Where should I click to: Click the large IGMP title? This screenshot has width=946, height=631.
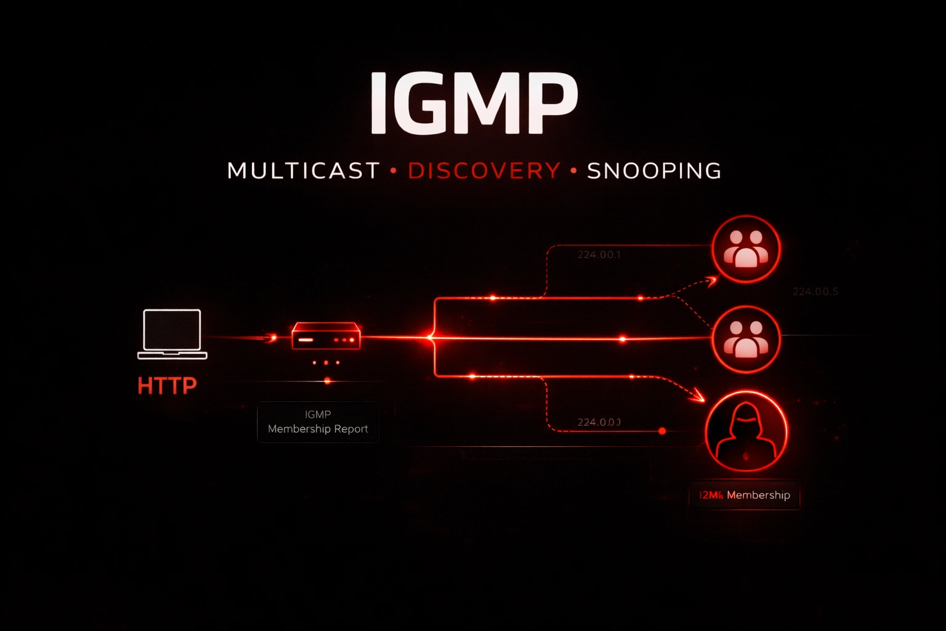(x=473, y=103)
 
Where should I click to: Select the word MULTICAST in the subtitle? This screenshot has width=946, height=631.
(x=303, y=171)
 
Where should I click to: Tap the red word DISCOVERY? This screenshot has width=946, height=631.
(x=484, y=171)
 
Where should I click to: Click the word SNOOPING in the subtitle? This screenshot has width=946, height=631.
(x=653, y=171)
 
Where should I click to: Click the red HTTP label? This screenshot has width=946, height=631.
(x=167, y=386)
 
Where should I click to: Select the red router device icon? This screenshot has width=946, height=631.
(x=326, y=336)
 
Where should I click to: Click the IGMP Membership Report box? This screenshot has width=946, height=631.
(x=318, y=421)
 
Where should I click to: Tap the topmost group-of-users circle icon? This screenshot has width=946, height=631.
(x=746, y=248)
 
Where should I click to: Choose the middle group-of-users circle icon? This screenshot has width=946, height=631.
(x=746, y=339)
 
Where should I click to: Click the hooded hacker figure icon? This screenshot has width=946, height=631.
(x=746, y=431)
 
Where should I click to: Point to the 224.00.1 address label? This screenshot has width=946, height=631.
(x=599, y=254)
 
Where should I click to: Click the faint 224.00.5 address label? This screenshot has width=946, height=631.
(x=815, y=291)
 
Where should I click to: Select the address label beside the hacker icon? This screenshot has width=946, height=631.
(x=599, y=422)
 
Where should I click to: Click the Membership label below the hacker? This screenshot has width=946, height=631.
(x=744, y=495)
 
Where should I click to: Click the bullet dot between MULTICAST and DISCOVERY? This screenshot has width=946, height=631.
(x=394, y=171)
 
